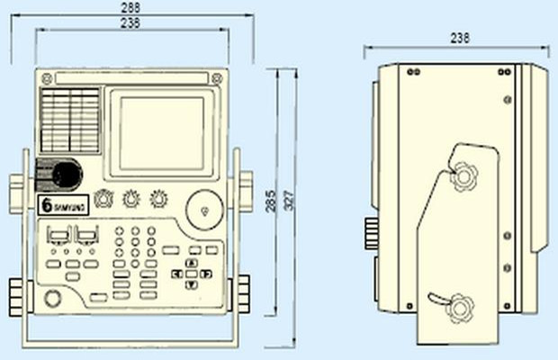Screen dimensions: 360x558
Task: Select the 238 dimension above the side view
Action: [x=459, y=39]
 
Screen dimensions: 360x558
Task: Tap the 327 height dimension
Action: [x=289, y=204]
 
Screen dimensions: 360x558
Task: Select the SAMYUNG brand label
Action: [x=64, y=205]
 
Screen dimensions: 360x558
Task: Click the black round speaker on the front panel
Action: [x=63, y=174]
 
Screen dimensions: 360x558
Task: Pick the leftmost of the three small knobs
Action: [x=104, y=199]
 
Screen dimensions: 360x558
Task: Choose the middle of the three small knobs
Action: [x=132, y=198]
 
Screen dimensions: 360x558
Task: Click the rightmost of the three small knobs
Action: [x=160, y=198]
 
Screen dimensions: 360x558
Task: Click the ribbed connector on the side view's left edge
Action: [x=370, y=236]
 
